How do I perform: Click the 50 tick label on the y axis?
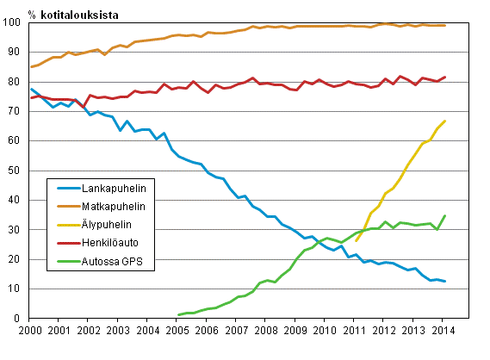pos(16,171)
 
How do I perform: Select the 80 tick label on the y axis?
pos(16,82)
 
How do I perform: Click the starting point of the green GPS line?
pos(177,315)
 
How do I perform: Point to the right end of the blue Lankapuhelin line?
pos(444,281)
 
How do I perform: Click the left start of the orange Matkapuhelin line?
pos(30,66)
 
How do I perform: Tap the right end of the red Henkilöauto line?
pos(444,77)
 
